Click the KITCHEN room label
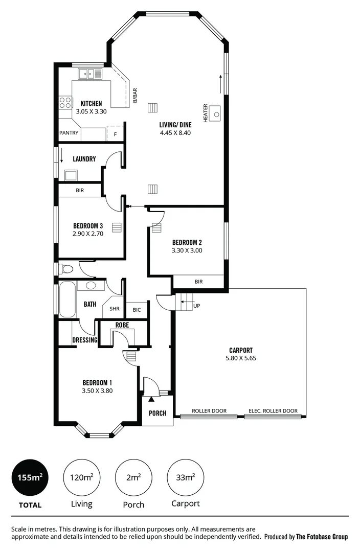(x=91, y=103)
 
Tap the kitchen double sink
(x=90, y=74)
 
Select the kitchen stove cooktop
(x=65, y=102)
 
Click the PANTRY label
(x=69, y=133)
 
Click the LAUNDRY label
(x=84, y=159)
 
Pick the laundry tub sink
(x=71, y=175)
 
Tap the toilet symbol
(x=66, y=268)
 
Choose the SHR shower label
(x=114, y=309)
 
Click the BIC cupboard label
(x=137, y=310)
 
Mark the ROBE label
(x=122, y=325)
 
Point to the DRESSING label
(x=85, y=340)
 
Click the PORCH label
(x=157, y=413)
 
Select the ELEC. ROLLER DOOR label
(x=273, y=411)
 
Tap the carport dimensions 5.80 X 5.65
(x=240, y=359)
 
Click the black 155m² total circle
(x=29, y=478)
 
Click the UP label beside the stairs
(x=196, y=306)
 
